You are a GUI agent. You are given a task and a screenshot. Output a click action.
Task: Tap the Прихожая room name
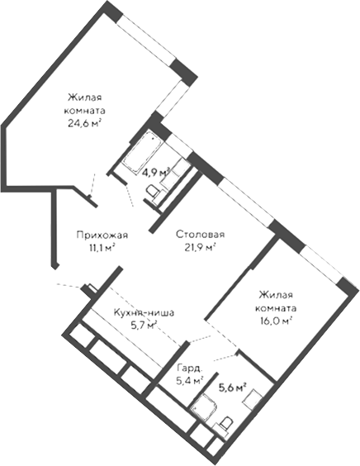pyautogui.click(x=96, y=233)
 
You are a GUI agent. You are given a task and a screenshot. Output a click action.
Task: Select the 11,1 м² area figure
pyautogui.click(x=96, y=246)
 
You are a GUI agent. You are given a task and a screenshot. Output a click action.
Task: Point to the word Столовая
pyautogui.click(x=199, y=233)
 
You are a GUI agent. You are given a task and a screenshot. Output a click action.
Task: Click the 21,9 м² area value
pyautogui.click(x=199, y=246)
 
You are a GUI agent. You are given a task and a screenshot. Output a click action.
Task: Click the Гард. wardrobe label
pyautogui.click(x=189, y=369)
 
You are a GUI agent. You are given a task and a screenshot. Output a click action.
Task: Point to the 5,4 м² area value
pyautogui.click(x=189, y=382)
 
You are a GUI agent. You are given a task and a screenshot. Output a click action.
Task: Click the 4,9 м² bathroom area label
pyautogui.click(x=155, y=173)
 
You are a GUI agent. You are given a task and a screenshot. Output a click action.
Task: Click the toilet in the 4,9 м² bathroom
pyautogui.click(x=153, y=191)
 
